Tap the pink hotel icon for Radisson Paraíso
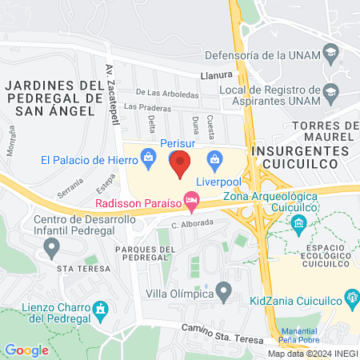point(191,200)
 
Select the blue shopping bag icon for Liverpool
point(214,158)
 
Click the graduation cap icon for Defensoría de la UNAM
point(329,55)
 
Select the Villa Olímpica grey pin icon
point(224,289)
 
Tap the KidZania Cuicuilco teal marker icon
point(351,301)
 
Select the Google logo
point(26,350)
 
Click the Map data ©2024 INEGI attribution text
point(313,354)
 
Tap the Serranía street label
point(70,192)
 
